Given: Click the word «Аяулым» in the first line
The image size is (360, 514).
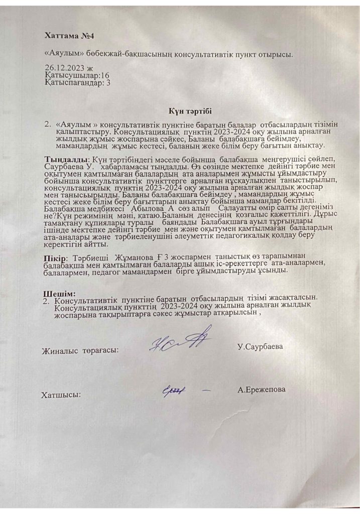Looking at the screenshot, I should [60, 52].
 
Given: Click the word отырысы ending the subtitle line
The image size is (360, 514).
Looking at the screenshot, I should [278, 52].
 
